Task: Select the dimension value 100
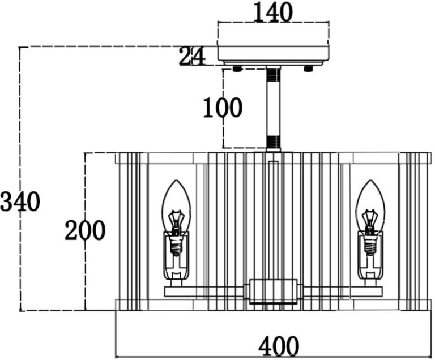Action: [x=222, y=108]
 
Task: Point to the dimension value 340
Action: [x=20, y=201]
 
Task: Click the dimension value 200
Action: [x=85, y=230]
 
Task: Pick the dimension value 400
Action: [x=278, y=345]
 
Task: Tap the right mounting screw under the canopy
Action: [x=309, y=69]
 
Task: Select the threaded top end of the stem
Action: [x=274, y=74]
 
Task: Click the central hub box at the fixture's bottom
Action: [x=274, y=291]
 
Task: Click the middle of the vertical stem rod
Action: [x=274, y=108]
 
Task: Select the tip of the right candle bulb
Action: [x=370, y=182]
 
